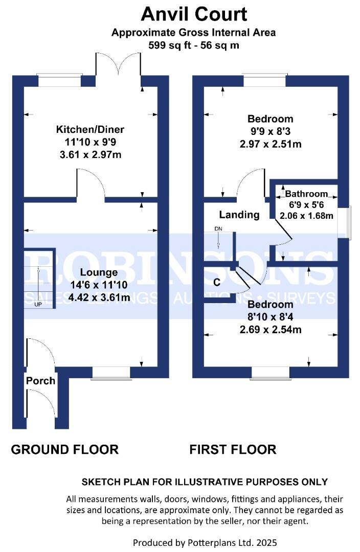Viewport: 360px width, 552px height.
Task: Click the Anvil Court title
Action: click(194, 14)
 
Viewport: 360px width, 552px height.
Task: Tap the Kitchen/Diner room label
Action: click(90, 129)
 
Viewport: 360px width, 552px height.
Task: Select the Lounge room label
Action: click(99, 272)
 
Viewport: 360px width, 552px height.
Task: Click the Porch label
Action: click(40, 381)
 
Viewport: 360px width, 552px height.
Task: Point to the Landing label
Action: click(239, 215)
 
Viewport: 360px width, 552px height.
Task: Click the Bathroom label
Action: click(306, 194)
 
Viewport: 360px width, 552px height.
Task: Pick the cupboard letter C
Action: click(217, 282)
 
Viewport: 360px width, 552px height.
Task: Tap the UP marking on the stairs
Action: click(38, 304)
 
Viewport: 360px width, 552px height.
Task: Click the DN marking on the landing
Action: click(218, 229)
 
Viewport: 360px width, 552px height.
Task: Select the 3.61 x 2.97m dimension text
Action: click(91, 154)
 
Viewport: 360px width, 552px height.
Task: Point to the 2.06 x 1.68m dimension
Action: click(306, 216)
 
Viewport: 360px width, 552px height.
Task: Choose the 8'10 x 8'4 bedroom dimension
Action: click(270, 317)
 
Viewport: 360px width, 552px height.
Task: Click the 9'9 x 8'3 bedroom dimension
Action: click(271, 131)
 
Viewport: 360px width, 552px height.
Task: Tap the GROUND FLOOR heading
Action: click(65, 450)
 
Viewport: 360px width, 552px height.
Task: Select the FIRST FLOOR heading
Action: click(233, 450)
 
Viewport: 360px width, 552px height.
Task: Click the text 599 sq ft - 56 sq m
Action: click(194, 45)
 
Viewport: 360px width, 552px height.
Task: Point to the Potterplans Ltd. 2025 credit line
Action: click(205, 543)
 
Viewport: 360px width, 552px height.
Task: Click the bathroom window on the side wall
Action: click(344, 223)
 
